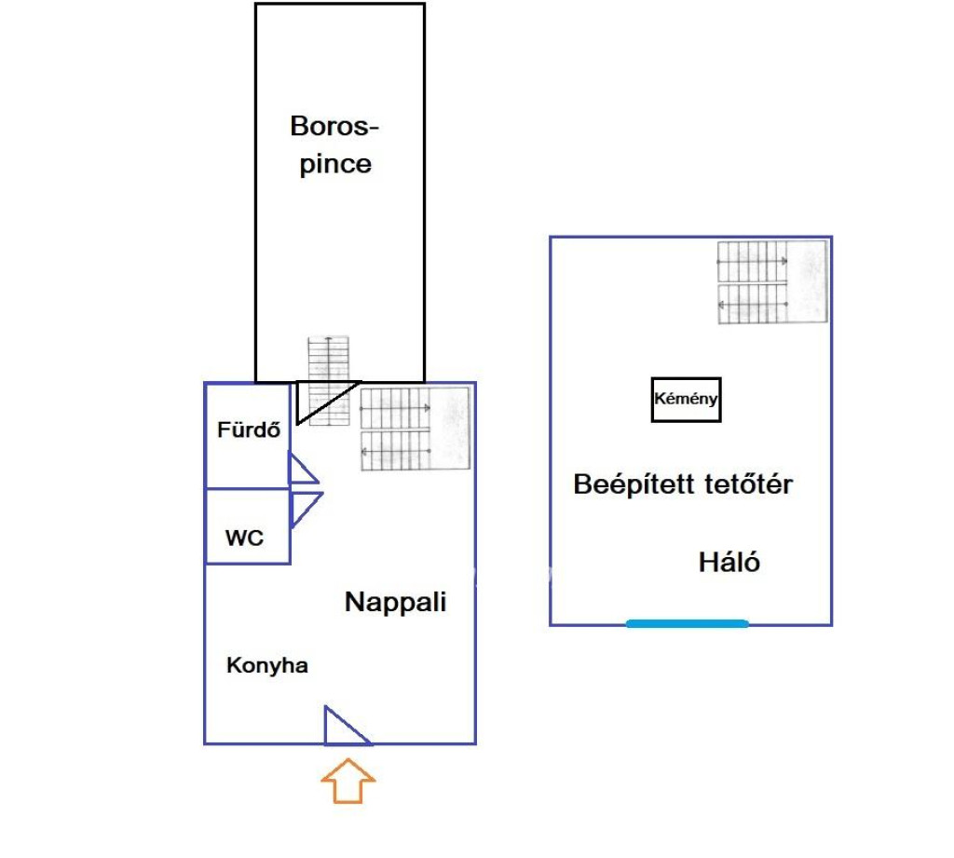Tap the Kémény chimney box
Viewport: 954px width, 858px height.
coord(687,400)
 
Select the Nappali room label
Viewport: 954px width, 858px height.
coord(395,602)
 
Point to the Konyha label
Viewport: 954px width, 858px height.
coord(267,666)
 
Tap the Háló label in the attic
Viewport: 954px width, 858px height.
coord(729,562)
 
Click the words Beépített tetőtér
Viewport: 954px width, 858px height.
coord(683,484)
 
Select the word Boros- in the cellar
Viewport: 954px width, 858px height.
coord(336,126)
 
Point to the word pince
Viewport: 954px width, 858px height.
coord(335,165)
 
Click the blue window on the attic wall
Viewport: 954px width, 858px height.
coord(687,623)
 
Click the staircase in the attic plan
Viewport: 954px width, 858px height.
coord(771,282)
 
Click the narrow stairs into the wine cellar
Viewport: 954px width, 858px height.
coord(330,378)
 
